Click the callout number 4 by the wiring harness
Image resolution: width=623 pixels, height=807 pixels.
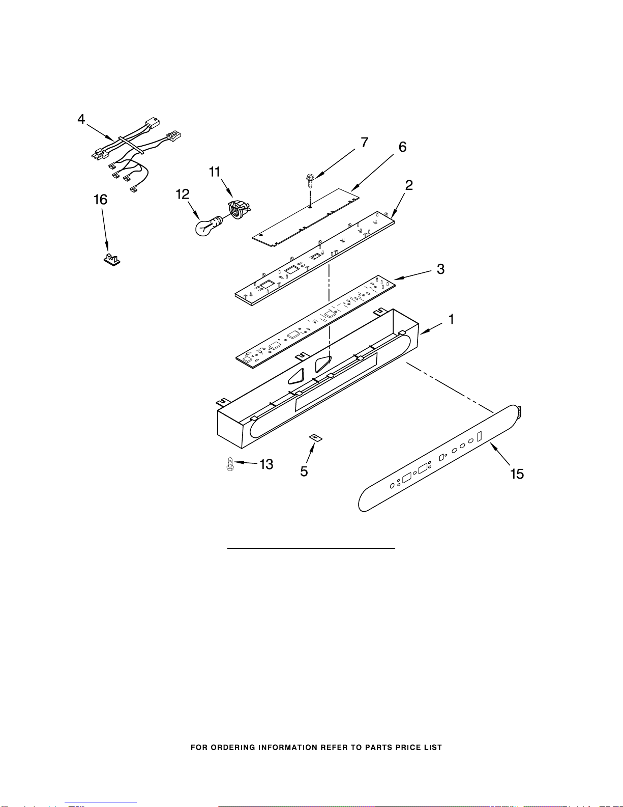click(x=81, y=119)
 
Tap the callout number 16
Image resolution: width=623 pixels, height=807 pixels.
click(x=101, y=200)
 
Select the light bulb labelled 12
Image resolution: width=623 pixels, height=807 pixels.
click(x=206, y=227)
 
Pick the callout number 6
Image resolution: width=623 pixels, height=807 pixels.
click(x=402, y=147)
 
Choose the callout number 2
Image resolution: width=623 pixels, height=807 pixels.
click(x=409, y=185)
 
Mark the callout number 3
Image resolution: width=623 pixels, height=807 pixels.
click(x=440, y=269)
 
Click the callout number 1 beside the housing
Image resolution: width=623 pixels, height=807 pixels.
click(x=451, y=319)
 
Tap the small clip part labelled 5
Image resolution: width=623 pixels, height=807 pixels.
click(x=316, y=438)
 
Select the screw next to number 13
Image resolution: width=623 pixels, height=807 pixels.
click(x=230, y=464)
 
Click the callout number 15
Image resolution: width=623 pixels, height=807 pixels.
click(x=517, y=474)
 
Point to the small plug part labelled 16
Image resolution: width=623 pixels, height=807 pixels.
click(x=111, y=259)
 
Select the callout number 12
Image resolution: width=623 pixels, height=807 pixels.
click(x=183, y=194)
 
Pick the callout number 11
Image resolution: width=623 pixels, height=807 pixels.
click(x=215, y=172)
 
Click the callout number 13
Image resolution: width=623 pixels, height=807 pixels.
click(x=266, y=464)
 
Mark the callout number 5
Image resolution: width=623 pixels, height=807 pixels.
click(x=304, y=472)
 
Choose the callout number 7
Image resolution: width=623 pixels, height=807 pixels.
click(x=365, y=143)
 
